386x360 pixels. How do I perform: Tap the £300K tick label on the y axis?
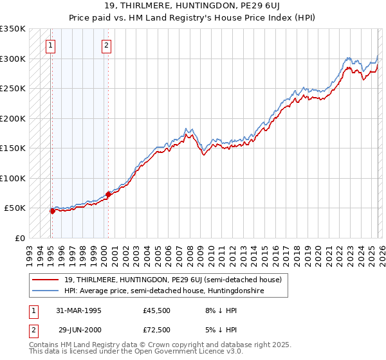click(13, 59)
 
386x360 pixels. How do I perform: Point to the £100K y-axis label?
click(13, 178)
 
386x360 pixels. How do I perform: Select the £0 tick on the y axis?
click(19, 238)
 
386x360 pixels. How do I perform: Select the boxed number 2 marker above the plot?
click(107, 45)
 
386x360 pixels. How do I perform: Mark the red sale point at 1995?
click(51, 210)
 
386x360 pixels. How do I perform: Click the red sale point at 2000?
click(107, 194)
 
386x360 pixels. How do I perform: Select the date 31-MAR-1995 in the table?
click(79, 310)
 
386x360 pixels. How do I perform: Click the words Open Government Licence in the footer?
click(167, 352)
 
